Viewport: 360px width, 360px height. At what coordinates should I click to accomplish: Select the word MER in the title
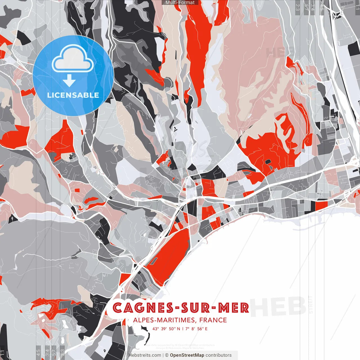234,308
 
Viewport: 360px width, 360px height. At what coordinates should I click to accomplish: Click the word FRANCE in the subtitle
213,320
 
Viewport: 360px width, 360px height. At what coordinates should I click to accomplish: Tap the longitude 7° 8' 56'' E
196,328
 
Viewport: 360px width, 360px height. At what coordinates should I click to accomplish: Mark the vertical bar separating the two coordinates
183,328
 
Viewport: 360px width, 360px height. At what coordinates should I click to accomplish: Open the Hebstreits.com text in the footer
145,355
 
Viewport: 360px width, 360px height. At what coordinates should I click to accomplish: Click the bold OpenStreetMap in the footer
187,355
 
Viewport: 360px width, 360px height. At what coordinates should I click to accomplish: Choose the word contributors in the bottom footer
219,355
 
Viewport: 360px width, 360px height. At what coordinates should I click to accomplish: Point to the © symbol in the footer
167,355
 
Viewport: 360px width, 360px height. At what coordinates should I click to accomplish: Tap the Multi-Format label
180,3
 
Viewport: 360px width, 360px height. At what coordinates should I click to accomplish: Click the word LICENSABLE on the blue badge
73,95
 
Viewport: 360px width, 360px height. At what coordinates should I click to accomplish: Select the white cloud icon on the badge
73,59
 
